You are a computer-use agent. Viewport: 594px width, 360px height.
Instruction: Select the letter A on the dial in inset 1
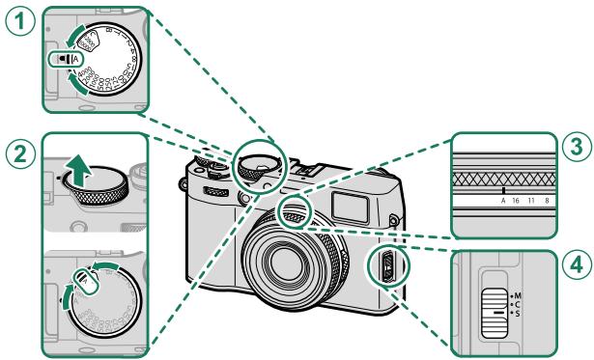(76, 62)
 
